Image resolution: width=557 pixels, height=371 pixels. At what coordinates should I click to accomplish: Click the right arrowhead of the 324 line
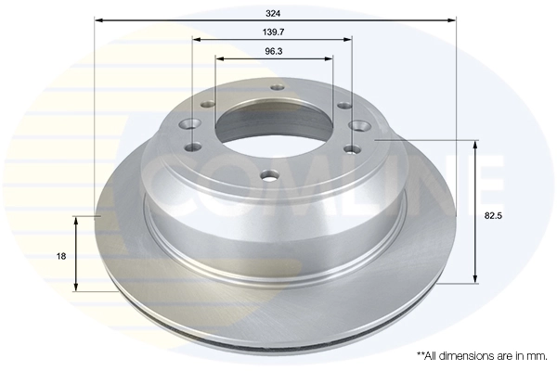click(453, 19)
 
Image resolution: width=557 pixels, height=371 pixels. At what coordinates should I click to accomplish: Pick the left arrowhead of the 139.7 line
click(196, 38)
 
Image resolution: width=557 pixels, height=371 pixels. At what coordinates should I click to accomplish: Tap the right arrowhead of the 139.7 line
click(350, 38)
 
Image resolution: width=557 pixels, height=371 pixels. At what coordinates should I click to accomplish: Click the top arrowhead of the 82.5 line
click(475, 145)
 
